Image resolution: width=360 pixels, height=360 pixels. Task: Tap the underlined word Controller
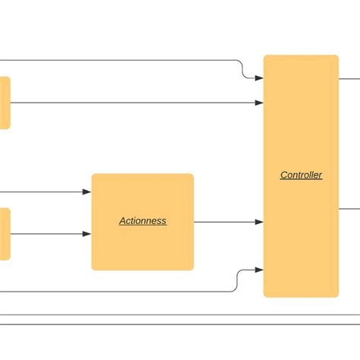click(x=301, y=175)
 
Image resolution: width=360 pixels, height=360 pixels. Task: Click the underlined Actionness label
click(x=143, y=221)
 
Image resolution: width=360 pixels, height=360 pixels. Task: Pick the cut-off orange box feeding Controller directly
click(x=5, y=103)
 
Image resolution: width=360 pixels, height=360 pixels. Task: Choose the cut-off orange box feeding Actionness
click(x=5, y=234)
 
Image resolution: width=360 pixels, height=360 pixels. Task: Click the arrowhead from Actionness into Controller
click(x=259, y=222)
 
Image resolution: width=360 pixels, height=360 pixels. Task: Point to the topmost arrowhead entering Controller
click(x=259, y=77)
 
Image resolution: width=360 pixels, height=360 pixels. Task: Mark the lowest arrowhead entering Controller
click(x=259, y=270)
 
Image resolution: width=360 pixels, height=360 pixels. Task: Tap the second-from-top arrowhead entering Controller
click(x=259, y=103)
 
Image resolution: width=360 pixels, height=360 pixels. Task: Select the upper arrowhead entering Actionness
click(x=87, y=192)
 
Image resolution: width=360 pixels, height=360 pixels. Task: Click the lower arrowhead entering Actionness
click(x=87, y=234)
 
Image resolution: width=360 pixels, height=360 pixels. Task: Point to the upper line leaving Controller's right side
click(x=349, y=77)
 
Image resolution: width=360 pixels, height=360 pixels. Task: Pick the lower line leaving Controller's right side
click(x=349, y=208)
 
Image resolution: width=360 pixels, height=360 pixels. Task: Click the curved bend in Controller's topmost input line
click(x=242, y=68)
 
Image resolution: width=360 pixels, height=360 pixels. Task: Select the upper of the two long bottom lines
click(x=180, y=314)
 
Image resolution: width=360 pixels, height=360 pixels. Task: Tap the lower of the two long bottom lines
click(x=180, y=325)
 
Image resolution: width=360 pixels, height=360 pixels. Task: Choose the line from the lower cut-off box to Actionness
click(x=46, y=234)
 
